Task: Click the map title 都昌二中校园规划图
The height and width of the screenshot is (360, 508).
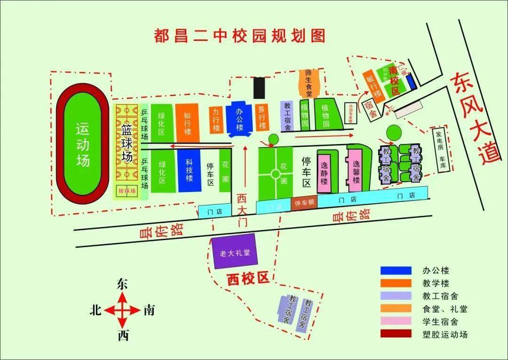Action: (x=240, y=35)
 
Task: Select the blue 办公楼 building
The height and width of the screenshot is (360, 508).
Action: (x=240, y=119)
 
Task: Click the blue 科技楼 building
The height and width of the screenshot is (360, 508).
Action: (x=189, y=171)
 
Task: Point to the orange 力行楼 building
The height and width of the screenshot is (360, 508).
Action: (x=216, y=120)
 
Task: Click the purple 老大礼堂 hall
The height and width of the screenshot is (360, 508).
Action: (x=235, y=252)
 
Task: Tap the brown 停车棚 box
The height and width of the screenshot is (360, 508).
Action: (x=304, y=203)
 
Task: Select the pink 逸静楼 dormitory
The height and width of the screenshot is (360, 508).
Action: (x=324, y=172)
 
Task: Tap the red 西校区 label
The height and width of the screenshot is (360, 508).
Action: (x=247, y=279)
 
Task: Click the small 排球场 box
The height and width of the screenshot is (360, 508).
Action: (x=127, y=191)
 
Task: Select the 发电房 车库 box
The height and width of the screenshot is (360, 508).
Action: (x=442, y=151)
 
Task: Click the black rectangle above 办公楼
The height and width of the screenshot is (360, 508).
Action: (x=259, y=88)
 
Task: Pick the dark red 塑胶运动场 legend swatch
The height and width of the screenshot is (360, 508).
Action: (x=396, y=335)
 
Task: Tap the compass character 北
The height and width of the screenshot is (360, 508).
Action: (x=96, y=311)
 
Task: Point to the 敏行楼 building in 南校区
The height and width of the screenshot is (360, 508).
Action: (x=373, y=85)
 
